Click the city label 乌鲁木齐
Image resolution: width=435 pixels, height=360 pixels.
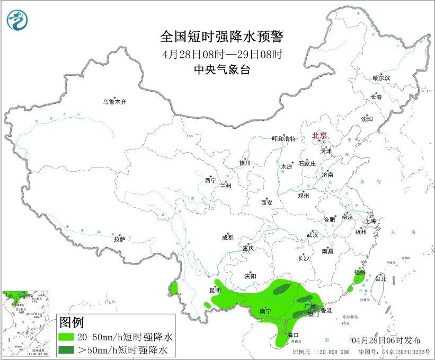(115, 102)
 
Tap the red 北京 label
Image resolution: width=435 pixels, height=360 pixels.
(319, 135)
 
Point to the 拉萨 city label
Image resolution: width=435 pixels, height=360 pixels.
(119, 239)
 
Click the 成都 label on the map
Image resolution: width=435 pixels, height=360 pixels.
(227, 239)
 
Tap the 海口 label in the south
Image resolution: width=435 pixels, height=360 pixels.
(293, 335)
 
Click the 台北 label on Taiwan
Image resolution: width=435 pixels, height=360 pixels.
(380, 278)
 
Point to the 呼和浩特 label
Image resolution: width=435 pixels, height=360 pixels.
(283, 139)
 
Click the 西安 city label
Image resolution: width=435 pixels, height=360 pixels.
(266, 203)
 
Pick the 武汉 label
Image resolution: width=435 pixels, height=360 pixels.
(312, 234)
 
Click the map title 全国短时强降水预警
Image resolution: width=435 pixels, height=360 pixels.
(222, 37)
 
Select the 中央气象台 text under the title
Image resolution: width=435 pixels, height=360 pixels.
(222, 69)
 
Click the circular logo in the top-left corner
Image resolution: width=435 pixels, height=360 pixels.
(16, 20)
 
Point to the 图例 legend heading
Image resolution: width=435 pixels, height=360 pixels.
(71, 322)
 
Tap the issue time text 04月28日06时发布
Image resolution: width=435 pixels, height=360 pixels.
(386, 340)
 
